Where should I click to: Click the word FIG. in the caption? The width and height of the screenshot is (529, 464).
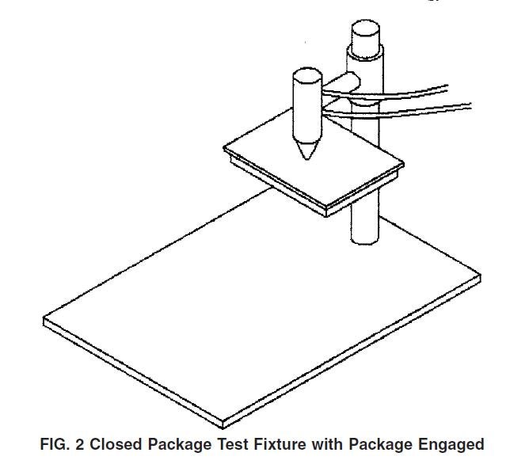(55, 444)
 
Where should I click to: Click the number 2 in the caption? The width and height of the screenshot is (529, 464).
(80, 444)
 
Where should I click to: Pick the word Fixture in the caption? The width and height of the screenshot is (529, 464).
(280, 444)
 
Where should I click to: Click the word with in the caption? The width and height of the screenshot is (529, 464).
(326, 444)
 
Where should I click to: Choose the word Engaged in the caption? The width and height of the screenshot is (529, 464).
(451, 445)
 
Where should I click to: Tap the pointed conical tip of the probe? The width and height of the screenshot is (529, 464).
(307, 158)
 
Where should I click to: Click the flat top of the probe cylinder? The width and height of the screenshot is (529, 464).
(307, 75)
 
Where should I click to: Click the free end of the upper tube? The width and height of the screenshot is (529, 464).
(447, 88)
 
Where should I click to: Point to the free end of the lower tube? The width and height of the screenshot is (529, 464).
(470, 106)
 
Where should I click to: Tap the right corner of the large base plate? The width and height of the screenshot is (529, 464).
(481, 276)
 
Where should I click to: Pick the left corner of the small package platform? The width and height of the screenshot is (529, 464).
(224, 147)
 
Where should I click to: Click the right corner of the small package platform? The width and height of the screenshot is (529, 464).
(404, 164)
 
